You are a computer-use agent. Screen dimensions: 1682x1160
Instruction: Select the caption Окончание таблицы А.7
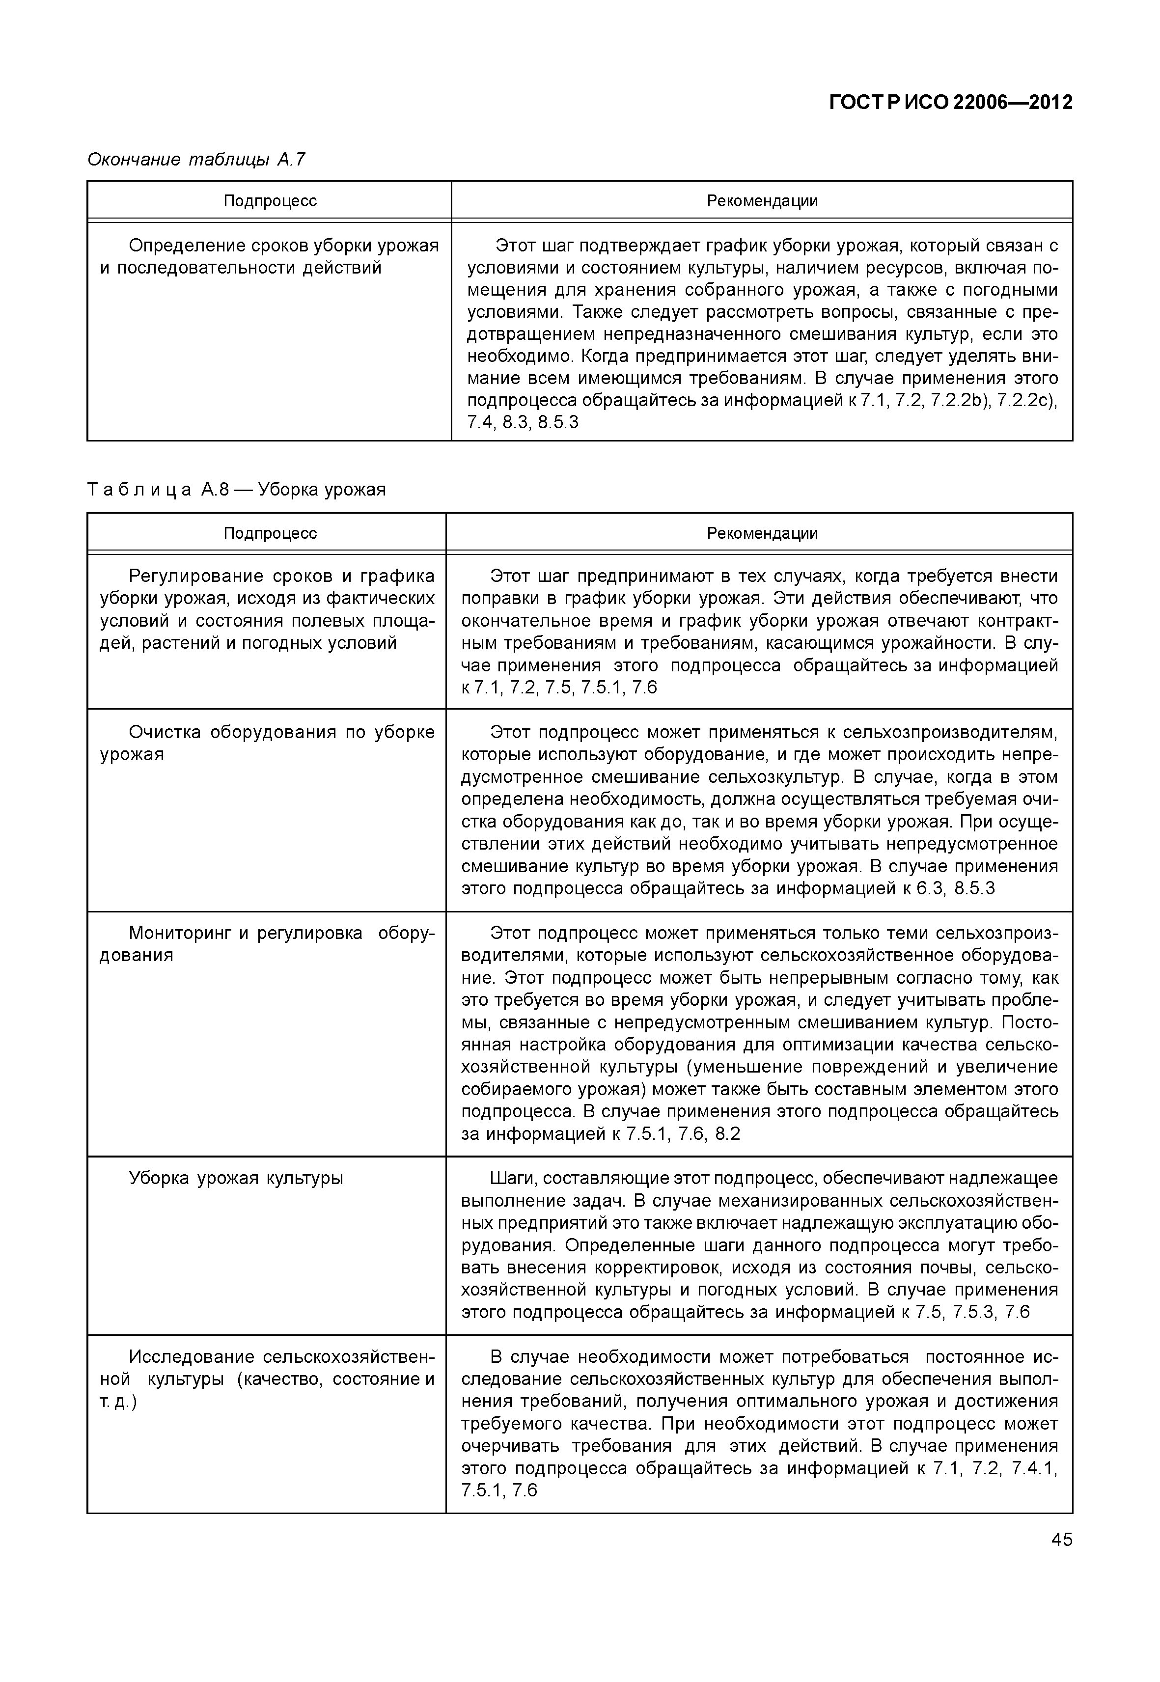(x=196, y=159)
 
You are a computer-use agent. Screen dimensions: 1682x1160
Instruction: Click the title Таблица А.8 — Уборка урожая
(x=236, y=490)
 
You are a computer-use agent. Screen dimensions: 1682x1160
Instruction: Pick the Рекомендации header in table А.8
(x=762, y=533)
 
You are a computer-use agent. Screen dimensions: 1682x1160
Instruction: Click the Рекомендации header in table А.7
(x=762, y=201)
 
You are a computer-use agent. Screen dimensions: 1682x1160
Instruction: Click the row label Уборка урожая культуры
(x=236, y=1178)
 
